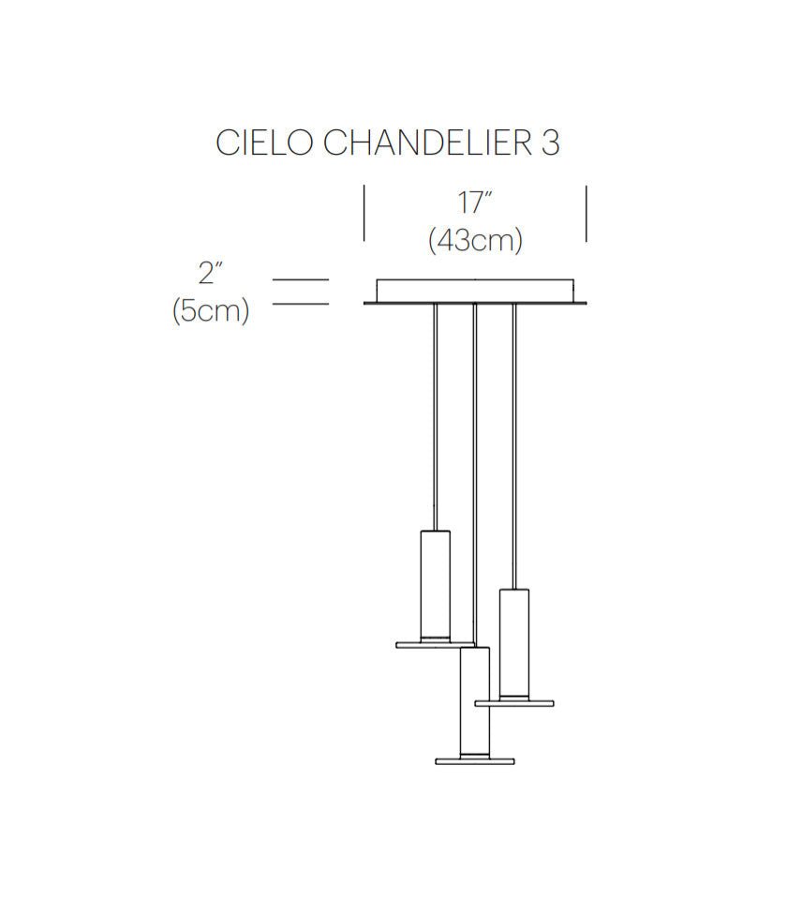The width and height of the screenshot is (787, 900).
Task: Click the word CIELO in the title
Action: pos(265,143)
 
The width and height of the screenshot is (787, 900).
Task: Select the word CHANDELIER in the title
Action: pos(426,143)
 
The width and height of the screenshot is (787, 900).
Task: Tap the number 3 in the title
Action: pos(550,143)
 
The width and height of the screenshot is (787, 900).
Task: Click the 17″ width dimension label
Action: pos(475,203)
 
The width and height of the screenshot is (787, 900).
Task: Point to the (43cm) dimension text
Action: pos(475,240)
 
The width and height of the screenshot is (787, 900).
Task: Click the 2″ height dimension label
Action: pos(210,274)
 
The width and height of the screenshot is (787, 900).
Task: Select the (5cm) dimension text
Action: pos(211,310)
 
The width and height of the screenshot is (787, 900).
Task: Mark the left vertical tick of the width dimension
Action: pos(364,214)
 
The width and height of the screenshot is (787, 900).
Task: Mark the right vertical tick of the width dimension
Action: pos(587,214)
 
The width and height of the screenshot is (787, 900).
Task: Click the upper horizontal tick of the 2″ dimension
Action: pos(300,279)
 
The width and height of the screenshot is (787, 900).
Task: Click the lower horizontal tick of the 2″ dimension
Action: pos(300,304)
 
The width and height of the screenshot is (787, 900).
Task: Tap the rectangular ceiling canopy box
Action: pos(475,291)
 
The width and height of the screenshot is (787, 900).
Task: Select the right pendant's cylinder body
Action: pos(514,642)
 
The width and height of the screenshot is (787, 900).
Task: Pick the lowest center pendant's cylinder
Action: pos(475,703)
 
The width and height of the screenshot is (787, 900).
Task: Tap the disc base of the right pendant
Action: pos(514,701)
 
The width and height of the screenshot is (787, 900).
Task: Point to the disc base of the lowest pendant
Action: pos(475,760)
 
